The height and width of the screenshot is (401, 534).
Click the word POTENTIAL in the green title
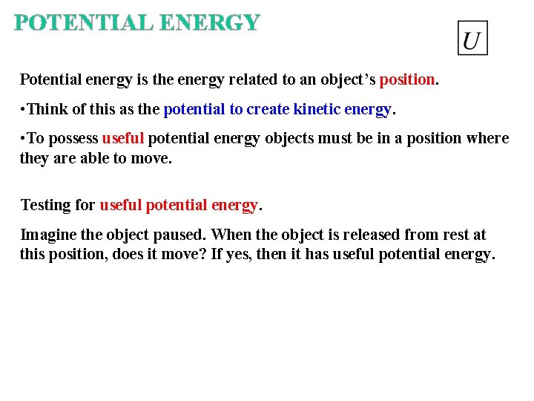[84, 23]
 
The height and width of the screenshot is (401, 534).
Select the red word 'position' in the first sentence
[407, 79]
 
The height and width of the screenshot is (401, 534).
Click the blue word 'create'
[268, 109]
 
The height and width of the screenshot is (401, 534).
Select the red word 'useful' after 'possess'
[125, 139]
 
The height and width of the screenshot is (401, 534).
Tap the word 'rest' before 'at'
[454, 235]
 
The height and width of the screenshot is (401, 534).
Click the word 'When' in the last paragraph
[231, 235]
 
